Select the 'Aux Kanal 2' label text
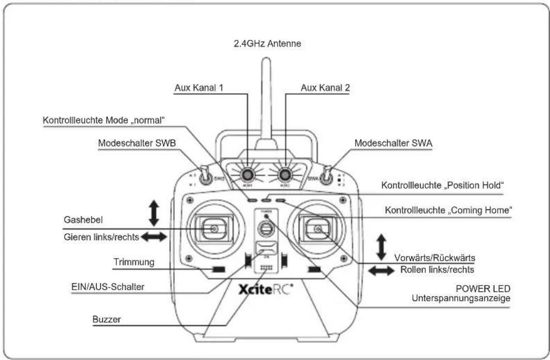point(325,88)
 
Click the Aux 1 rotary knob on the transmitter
point(248,173)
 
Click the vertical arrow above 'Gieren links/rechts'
point(154,213)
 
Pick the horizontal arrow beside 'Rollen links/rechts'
point(381,271)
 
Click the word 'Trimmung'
point(134,262)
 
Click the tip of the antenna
point(266,61)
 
